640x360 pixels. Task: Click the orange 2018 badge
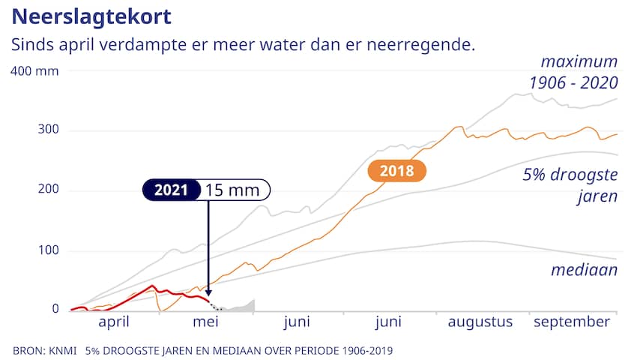tap(396, 171)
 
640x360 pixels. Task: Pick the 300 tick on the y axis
tap(48, 130)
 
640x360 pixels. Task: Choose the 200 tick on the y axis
tap(48, 190)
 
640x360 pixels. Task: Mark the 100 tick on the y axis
tap(48, 250)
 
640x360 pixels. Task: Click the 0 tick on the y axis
tap(55, 309)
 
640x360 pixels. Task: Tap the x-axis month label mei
tap(205, 322)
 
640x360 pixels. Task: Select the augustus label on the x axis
tap(480, 322)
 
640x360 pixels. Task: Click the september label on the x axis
tap(571, 322)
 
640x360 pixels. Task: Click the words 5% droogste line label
tap(570, 175)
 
